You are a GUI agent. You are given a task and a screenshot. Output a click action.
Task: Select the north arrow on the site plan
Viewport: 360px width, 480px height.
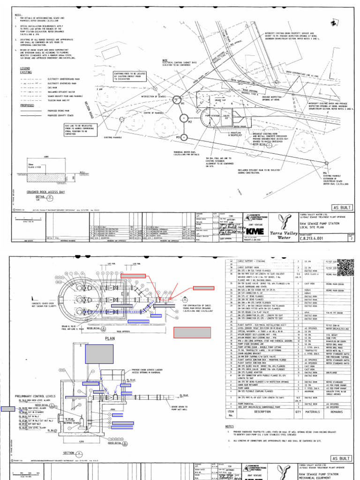click(x=333, y=22)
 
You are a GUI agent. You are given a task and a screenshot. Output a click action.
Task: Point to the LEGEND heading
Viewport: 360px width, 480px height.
click(x=25, y=68)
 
